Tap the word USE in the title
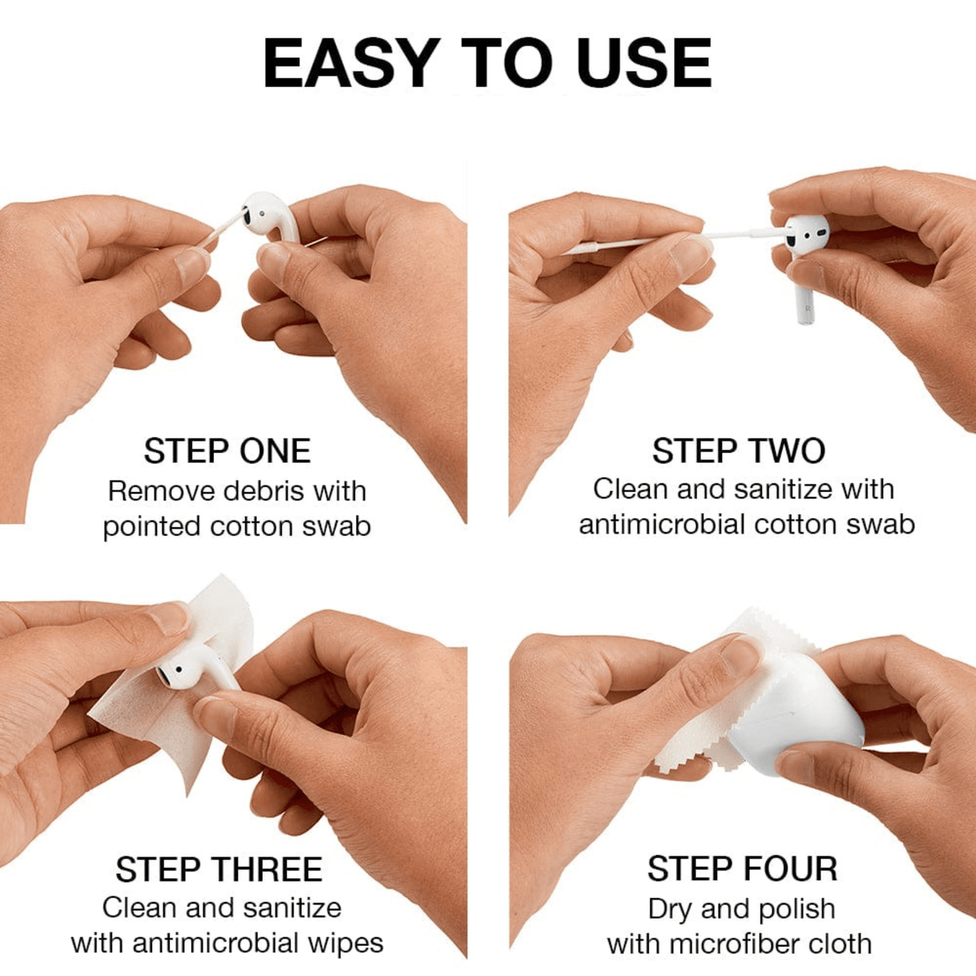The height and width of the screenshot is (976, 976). pyautogui.click(x=644, y=63)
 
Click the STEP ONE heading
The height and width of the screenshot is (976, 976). pyautogui.click(x=227, y=451)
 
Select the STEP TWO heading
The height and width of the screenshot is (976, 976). pyautogui.click(x=739, y=451)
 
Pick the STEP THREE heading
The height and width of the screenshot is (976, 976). pyautogui.click(x=219, y=869)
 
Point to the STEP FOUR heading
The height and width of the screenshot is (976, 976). pyautogui.click(x=742, y=869)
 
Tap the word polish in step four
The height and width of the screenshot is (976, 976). pyautogui.click(x=794, y=908)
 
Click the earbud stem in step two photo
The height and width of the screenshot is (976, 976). pyautogui.click(x=804, y=297)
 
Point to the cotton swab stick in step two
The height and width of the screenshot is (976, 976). pyautogui.click(x=643, y=242)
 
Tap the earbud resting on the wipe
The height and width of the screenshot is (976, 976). pyautogui.click(x=187, y=667)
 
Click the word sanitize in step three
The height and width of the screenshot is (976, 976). pyautogui.click(x=292, y=908)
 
